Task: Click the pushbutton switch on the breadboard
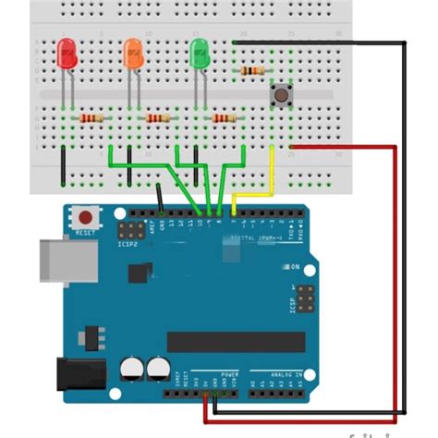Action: pos(276,92)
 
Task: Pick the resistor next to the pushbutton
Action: pos(251,70)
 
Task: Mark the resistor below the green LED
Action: pos(224,118)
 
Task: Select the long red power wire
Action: pos(396,277)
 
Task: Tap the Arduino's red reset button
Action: pos(86,215)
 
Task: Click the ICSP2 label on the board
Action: pos(128,245)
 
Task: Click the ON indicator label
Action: pos(296,267)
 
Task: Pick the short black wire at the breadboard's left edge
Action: pos(63,165)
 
